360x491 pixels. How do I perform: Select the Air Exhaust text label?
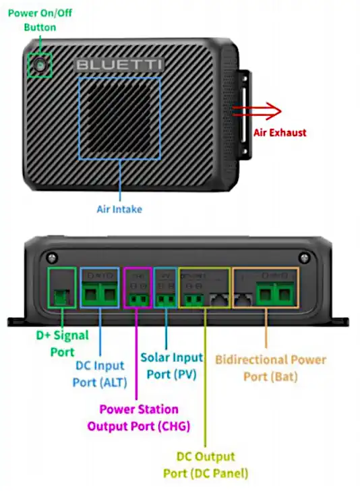coord(279,133)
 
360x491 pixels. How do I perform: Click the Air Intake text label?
coord(119,209)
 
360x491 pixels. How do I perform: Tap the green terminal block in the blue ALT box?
coord(100,293)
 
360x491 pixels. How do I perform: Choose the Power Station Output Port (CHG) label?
coord(139,417)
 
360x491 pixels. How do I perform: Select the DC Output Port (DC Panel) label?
coord(206,465)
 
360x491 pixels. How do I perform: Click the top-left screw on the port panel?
coord(51,257)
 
